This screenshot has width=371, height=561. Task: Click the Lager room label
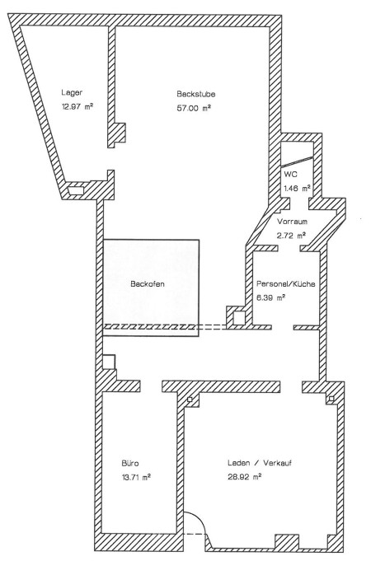[72, 92]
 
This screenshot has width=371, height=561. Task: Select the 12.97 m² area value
[77, 106]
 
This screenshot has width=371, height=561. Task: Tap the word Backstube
[196, 94]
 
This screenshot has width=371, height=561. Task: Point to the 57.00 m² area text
[194, 108]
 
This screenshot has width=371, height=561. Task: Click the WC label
[290, 175]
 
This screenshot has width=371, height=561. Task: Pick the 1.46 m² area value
[297, 188]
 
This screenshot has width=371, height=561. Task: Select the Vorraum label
[292, 222]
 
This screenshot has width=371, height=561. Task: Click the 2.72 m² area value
[292, 236]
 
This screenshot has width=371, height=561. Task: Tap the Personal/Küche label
[286, 284]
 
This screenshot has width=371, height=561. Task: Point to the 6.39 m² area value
[270, 297]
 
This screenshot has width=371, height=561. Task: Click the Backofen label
[148, 284]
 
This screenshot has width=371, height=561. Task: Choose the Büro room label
[130, 463]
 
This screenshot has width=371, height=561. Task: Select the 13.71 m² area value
[136, 477]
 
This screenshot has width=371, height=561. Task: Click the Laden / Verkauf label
[260, 463]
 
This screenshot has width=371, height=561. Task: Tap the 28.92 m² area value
[245, 477]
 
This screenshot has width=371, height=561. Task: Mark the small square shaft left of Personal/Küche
[239, 318]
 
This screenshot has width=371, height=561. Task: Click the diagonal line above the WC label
[297, 161]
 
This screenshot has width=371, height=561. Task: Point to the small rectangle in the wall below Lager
[76, 190]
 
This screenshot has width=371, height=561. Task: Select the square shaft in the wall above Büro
[109, 362]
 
